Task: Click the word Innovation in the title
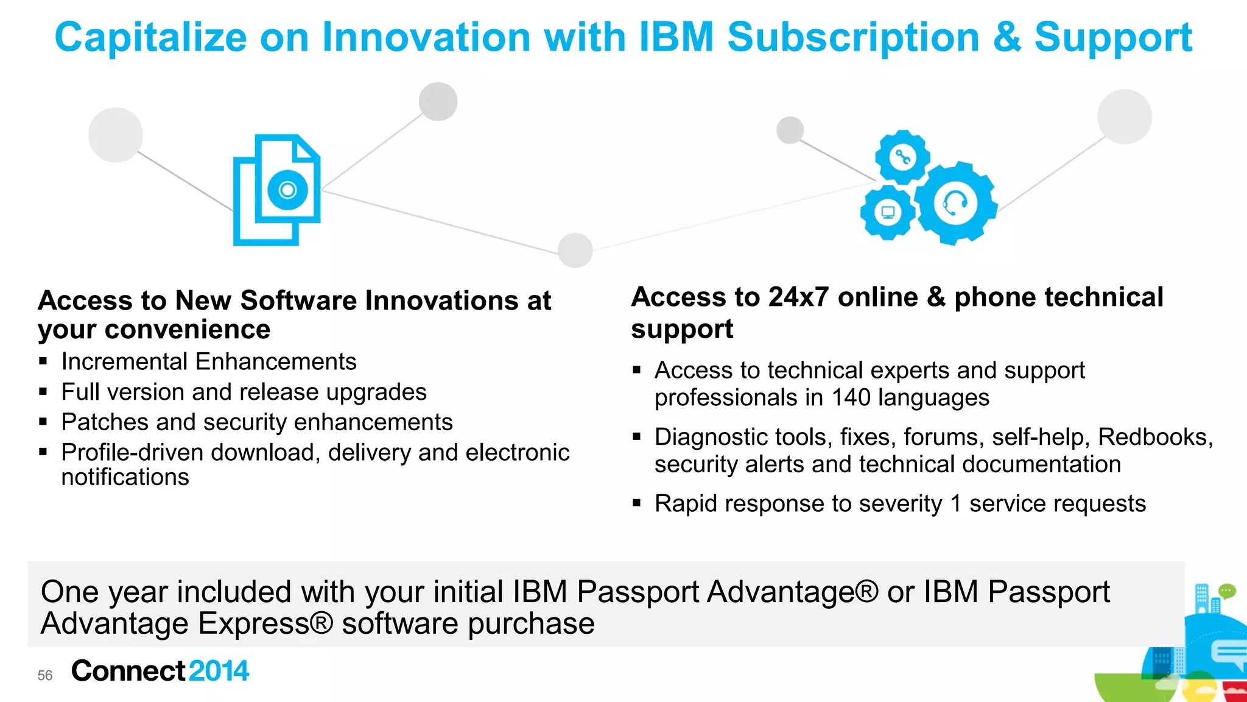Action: (x=426, y=38)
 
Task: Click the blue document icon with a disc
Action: (x=277, y=190)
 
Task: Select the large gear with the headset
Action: (x=955, y=203)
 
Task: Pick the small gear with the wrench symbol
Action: (x=902, y=157)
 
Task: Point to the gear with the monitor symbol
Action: (x=888, y=213)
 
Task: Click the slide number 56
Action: (x=45, y=675)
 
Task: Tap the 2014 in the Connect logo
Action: (x=219, y=671)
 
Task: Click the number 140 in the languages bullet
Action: (x=851, y=398)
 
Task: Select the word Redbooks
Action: (x=1155, y=437)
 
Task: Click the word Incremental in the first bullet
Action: (x=124, y=362)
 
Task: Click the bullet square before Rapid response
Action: (x=637, y=503)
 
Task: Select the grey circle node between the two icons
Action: (x=575, y=250)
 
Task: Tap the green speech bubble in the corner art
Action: (x=1226, y=590)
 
